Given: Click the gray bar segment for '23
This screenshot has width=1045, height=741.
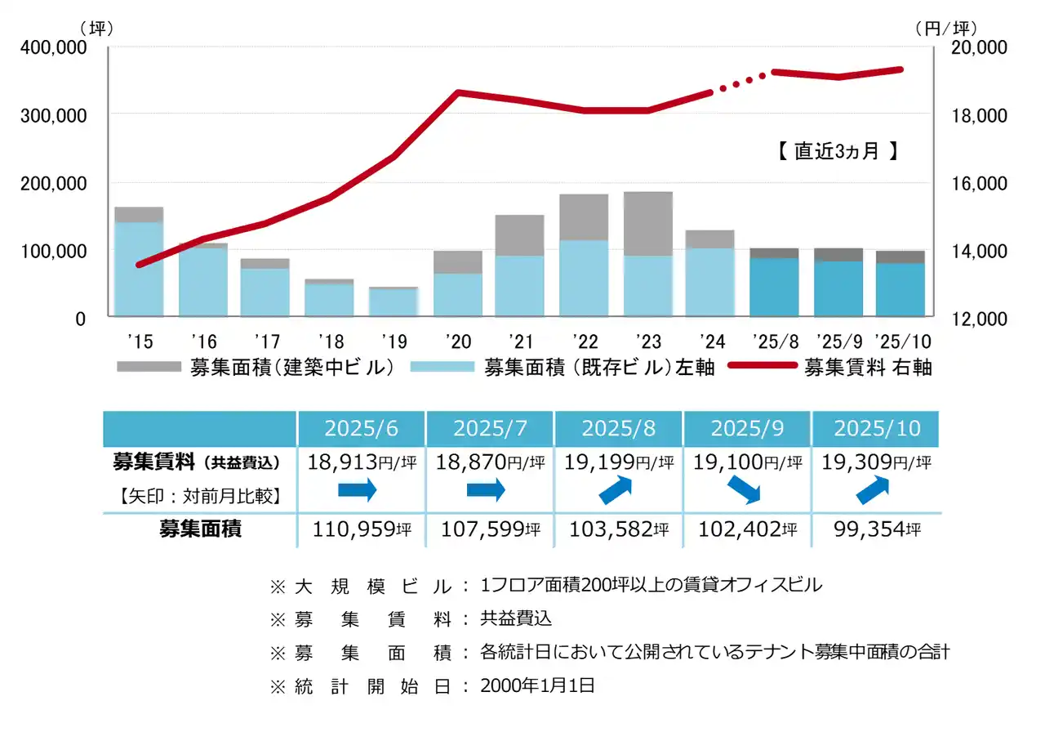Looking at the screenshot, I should pos(647,223).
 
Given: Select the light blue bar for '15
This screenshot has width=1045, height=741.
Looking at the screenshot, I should pos(139,269).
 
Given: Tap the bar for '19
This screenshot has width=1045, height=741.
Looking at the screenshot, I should pos(394,301).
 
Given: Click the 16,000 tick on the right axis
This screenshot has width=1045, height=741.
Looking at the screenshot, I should pos(980,183).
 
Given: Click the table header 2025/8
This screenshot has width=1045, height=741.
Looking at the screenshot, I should pos(618,428).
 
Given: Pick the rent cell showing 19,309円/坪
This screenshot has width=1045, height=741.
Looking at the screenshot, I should pos(876,462).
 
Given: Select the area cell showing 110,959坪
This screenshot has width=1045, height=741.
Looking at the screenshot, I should pos(362,529).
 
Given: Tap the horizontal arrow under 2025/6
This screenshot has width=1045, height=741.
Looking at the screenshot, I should pos(357,490).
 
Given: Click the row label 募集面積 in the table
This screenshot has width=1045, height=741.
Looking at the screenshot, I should pos(200,529).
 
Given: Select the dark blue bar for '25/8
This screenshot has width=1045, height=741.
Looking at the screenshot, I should pos(773,287).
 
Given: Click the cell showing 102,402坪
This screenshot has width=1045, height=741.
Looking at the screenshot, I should pos(747,529).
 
